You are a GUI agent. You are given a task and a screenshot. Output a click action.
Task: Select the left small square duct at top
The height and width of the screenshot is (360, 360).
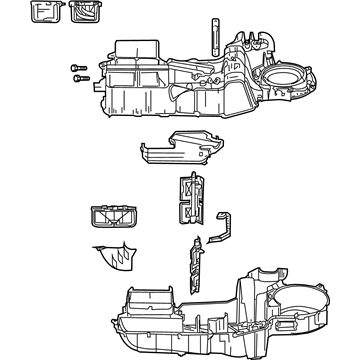pyautogui.click(x=46, y=11)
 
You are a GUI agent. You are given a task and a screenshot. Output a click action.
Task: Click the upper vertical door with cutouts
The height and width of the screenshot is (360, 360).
pyautogui.click(x=188, y=197)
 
